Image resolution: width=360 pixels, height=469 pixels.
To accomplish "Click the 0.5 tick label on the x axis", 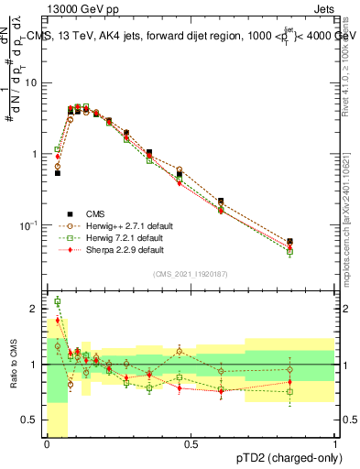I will click(191, 443).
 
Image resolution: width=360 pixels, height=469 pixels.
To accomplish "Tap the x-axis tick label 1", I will click(334, 443).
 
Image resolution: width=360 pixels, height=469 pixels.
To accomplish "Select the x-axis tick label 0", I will click(47, 443).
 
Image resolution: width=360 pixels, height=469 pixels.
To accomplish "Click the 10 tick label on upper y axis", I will click(32, 82).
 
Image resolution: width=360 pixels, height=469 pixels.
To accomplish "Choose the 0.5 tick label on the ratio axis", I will click(32, 420).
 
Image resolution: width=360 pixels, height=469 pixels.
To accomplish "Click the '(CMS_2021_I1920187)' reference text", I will click(191, 273).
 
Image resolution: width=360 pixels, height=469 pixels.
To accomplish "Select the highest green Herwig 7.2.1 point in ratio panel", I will click(57, 301).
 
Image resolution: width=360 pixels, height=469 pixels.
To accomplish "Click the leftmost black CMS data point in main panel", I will click(57, 172).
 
